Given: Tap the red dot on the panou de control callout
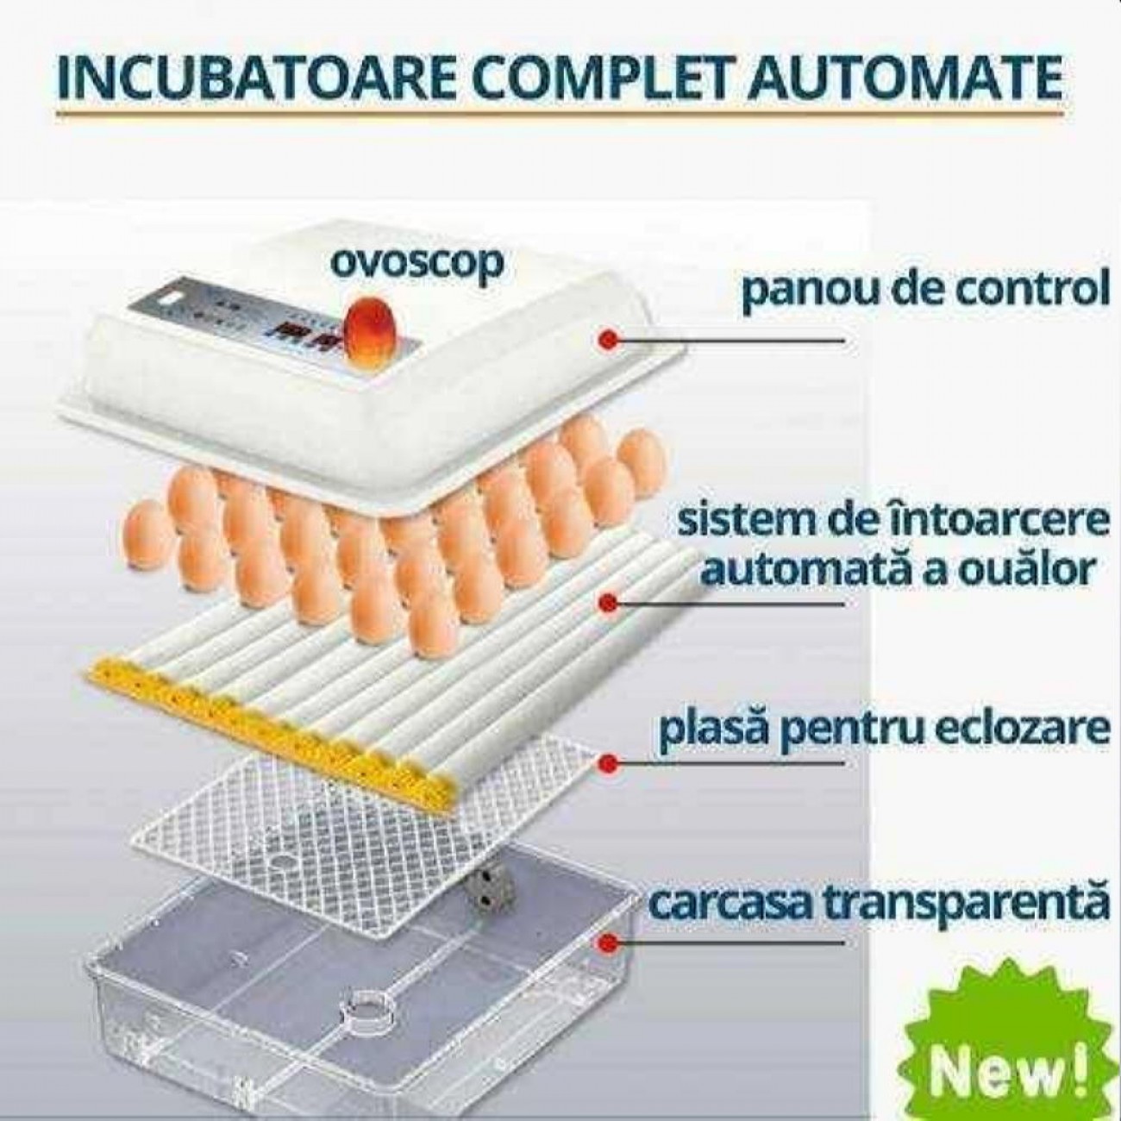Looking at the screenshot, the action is [x=609, y=339].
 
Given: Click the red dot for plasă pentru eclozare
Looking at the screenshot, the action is [x=609, y=762].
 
